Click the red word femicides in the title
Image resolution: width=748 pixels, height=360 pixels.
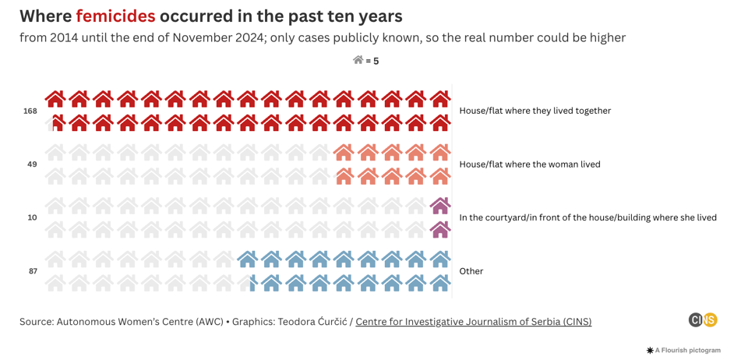click(x=115, y=16)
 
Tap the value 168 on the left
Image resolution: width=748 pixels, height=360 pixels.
click(x=30, y=111)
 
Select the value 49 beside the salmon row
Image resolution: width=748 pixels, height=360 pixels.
click(x=32, y=164)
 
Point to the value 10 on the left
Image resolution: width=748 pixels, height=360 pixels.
click(x=32, y=218)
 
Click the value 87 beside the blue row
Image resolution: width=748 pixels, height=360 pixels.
click(x=32, y=271)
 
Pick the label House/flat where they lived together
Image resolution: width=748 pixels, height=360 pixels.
click(x=535, y=111)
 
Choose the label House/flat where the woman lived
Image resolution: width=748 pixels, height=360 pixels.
click(x=530, y=164)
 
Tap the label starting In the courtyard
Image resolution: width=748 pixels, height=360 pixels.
click(x=587, y=217)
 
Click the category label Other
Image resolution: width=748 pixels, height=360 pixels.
click(x=471, y=271)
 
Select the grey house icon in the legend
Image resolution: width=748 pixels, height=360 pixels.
click(x=358, y=60)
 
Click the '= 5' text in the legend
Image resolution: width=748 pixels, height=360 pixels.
click(x=372, y=62)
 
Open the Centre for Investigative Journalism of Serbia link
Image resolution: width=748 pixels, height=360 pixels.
click(x=473, y=322)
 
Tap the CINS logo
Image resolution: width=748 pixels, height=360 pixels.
click(x=703, y=319)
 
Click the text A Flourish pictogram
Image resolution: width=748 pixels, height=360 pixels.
click(x=688, y=351)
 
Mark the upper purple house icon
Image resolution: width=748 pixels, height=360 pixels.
click(x=440, y=205)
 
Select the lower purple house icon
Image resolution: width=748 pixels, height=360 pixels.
click(x=440, y=229)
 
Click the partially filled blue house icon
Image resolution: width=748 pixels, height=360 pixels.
click(x=249, y=283)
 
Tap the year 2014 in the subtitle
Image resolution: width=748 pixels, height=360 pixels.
click(x=65, y=37)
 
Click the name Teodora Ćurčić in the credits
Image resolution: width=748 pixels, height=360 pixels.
click(x=310, y=322)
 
